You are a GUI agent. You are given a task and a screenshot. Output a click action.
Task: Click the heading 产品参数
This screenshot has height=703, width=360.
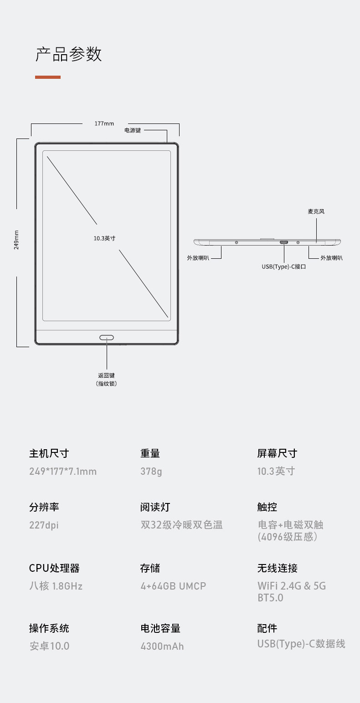[x=68, y=54]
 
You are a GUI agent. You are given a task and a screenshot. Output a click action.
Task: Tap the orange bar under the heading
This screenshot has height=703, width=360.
[x=47, y=77]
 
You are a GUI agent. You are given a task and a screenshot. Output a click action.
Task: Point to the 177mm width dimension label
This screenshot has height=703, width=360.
[x=104, y=123]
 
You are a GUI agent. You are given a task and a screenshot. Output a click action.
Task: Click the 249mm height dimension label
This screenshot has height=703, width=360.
[x=16, y=240]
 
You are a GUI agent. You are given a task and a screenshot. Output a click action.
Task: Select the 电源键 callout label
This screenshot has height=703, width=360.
[x=133, y=130]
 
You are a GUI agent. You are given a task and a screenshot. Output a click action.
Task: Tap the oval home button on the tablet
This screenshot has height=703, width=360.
[x=107, y=338]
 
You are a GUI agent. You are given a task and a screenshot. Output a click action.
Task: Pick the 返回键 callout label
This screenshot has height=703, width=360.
[x=107, y=375]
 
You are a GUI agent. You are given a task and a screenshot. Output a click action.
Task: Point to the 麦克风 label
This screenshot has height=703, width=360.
[x=316, y=211]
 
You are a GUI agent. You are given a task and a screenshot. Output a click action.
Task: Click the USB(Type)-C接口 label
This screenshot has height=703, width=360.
[x=283, y=267]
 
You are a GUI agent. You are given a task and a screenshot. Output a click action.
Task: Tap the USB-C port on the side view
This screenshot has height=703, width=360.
[x=284, y=242]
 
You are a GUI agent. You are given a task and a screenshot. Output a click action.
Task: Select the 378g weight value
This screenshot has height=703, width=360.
[x=151, y=471]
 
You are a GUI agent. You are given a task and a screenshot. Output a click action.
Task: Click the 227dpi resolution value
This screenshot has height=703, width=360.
[x=44, y=525]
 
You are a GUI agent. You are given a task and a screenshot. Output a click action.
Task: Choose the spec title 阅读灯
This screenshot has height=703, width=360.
[x=155, y=507]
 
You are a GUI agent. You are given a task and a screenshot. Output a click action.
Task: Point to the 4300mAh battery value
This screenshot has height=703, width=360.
[x=162, y=646]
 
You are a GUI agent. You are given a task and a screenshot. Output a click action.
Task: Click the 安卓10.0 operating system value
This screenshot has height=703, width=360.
[x=49, y=646]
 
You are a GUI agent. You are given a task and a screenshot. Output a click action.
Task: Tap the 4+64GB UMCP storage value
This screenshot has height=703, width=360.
[x=173, y=586]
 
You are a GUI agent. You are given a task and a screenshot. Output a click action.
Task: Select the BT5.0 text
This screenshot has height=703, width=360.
[x=270, y=597]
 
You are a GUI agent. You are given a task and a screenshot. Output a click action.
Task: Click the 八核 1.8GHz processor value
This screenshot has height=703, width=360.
[x=56, y=586]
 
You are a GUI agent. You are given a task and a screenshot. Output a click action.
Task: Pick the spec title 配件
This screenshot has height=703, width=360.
[x=267, y=628]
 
